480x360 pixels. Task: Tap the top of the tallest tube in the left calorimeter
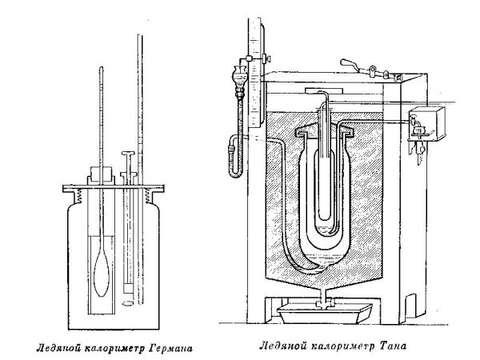(x=140, y=36)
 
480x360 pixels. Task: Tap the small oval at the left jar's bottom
(x=129, y=303)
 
